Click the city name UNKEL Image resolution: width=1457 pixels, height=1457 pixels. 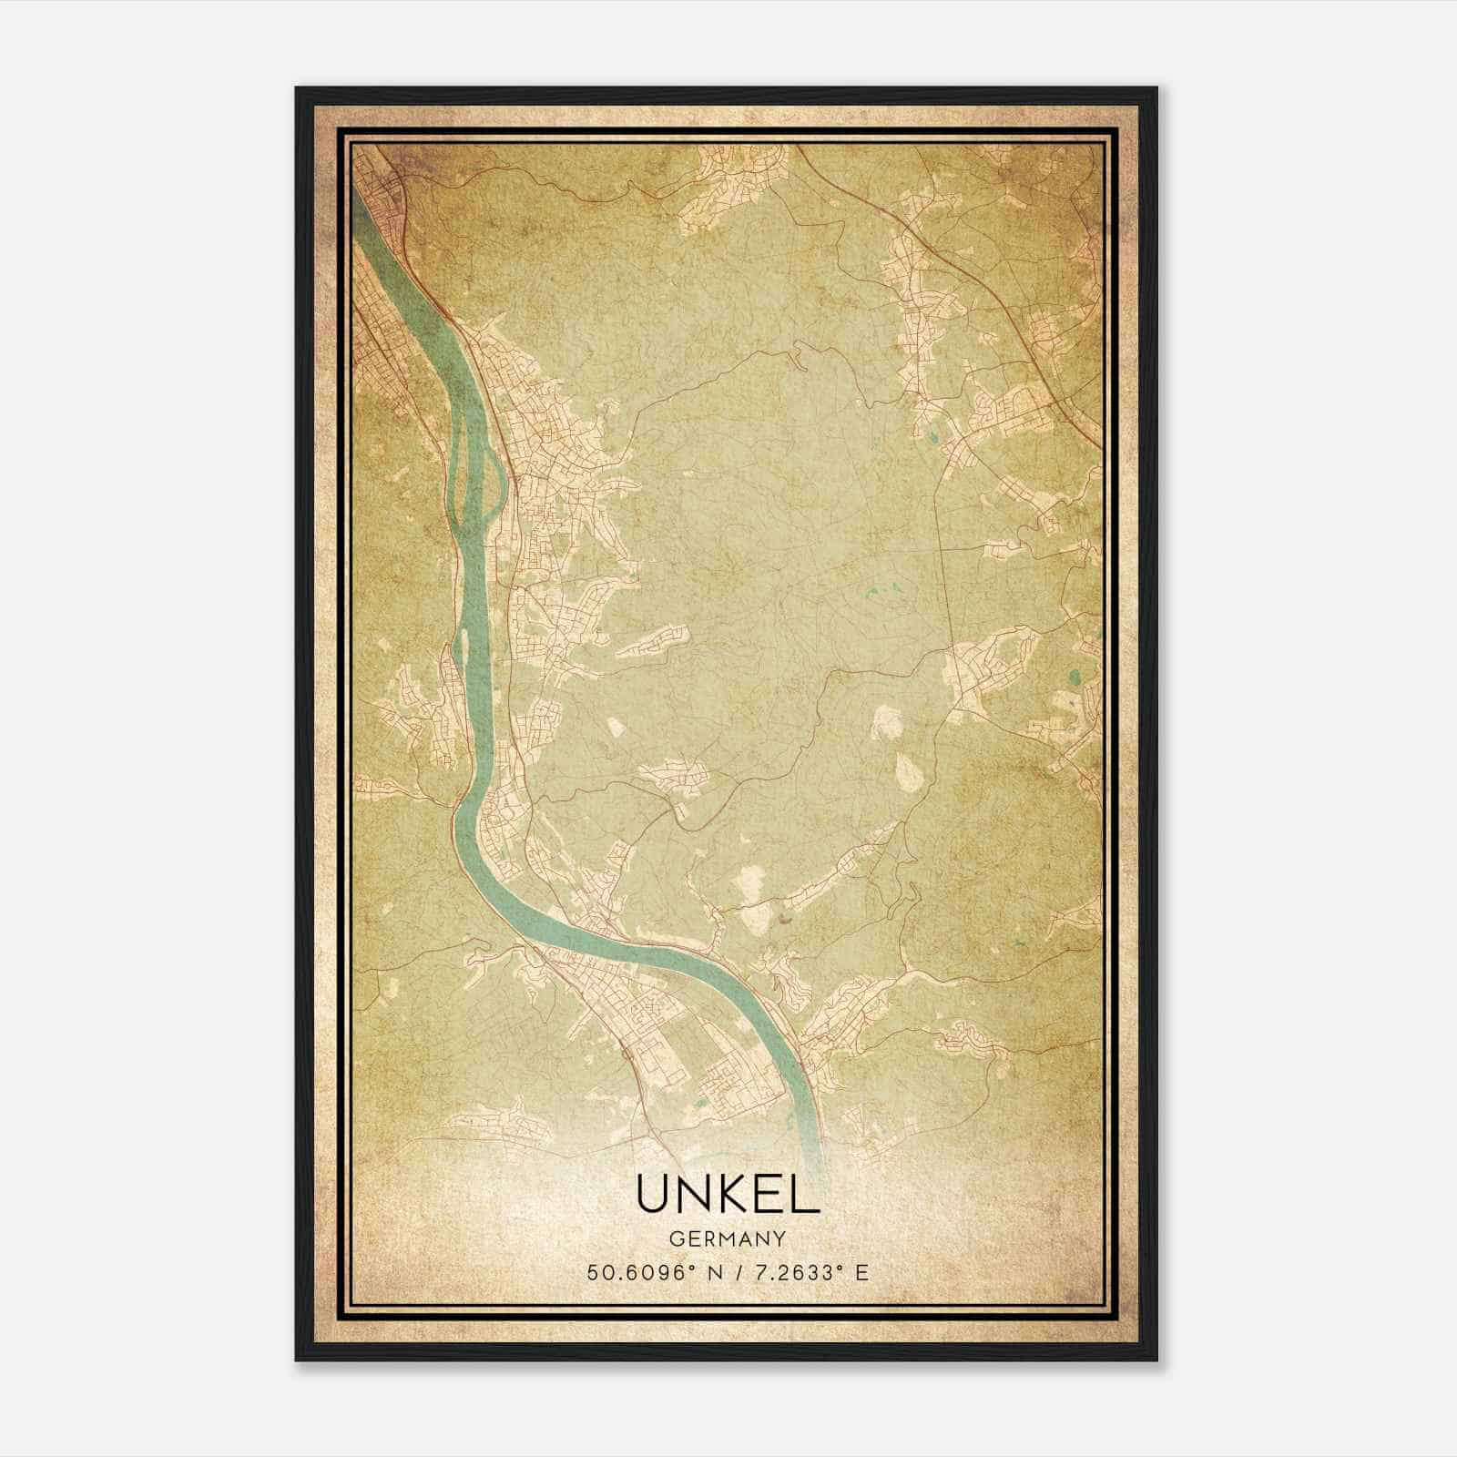click(728, 1194)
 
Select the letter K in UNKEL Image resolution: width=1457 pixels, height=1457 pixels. click(734, 1194)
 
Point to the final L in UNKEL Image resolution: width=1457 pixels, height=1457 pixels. click(805, 1194)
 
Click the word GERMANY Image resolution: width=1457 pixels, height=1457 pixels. click(728, 1239)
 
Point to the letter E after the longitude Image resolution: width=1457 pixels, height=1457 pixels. click(861, 1272)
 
